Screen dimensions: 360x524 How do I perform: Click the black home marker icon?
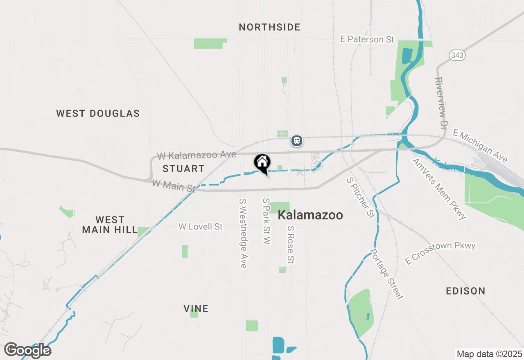click(262, 162)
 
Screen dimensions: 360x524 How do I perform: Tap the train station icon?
click(297, 141)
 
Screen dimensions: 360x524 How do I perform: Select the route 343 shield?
click(456, 55)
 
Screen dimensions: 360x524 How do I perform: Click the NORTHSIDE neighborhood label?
click(269, 27)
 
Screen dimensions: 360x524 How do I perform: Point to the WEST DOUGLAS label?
click(98, 113)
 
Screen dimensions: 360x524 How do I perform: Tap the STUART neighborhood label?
click(183, 169)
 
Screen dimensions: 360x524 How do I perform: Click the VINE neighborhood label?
click(196, 308)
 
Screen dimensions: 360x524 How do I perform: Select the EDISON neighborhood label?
click(465, 291)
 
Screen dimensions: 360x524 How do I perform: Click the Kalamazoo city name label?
click(310, 215)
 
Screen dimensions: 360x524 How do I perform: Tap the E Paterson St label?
click(367, 39)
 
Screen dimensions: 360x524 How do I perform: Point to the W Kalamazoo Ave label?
click(196, 155)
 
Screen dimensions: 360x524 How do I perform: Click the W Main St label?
click(174, 186)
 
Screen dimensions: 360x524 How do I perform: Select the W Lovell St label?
click(201, 226)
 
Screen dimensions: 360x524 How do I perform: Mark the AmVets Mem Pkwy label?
click(439, 189)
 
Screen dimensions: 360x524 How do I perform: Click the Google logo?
click(27, 350)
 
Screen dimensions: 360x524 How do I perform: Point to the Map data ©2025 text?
click(489, 354)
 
